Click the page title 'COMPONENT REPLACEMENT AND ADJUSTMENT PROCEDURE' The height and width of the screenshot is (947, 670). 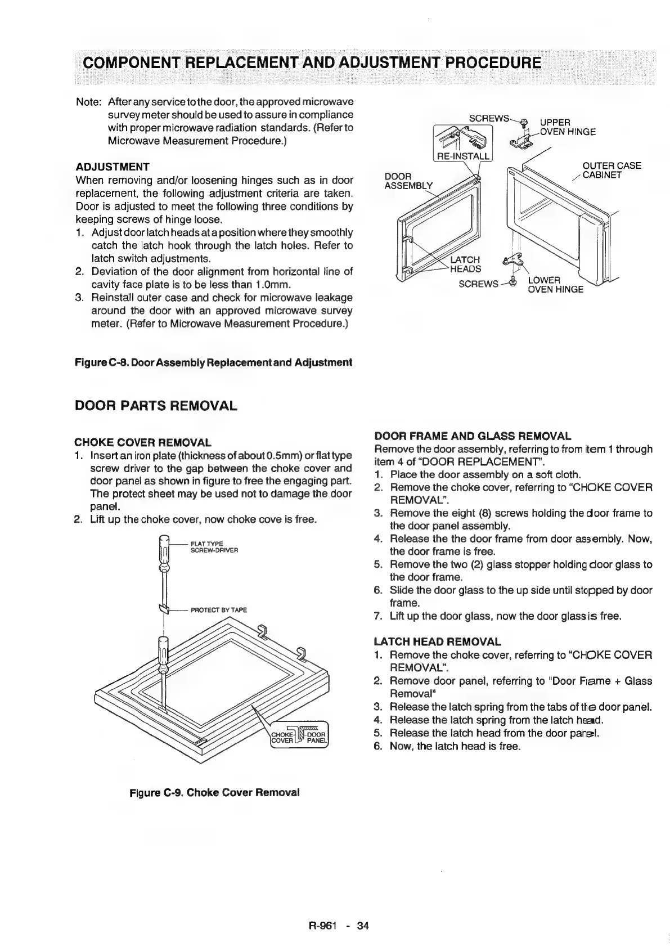point(312,61)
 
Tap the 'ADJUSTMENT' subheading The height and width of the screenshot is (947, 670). point(113,167)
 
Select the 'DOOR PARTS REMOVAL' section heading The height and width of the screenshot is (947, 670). point(156,405)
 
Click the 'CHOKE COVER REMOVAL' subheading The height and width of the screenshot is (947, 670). point(143,443)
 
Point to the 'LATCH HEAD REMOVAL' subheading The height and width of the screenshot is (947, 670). point(437,642)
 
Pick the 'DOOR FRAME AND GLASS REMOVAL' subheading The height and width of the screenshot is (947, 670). point(473,436)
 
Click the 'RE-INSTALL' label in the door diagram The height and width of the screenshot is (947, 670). point(462,156)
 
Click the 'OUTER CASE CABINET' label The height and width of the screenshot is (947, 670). point(611,170)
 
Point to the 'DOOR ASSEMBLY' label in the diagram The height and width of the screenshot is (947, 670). point(408,181)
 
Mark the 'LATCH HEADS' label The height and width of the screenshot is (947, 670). point(465,264)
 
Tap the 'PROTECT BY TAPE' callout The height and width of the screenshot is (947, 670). point(219,610)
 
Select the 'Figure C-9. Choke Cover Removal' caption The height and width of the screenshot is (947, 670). point(214,792)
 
